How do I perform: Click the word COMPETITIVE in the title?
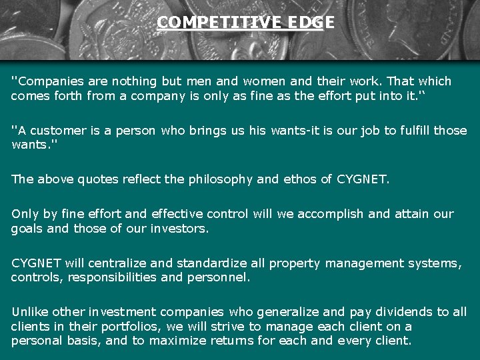pos(203,23)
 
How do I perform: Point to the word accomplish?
pos(329,214)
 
